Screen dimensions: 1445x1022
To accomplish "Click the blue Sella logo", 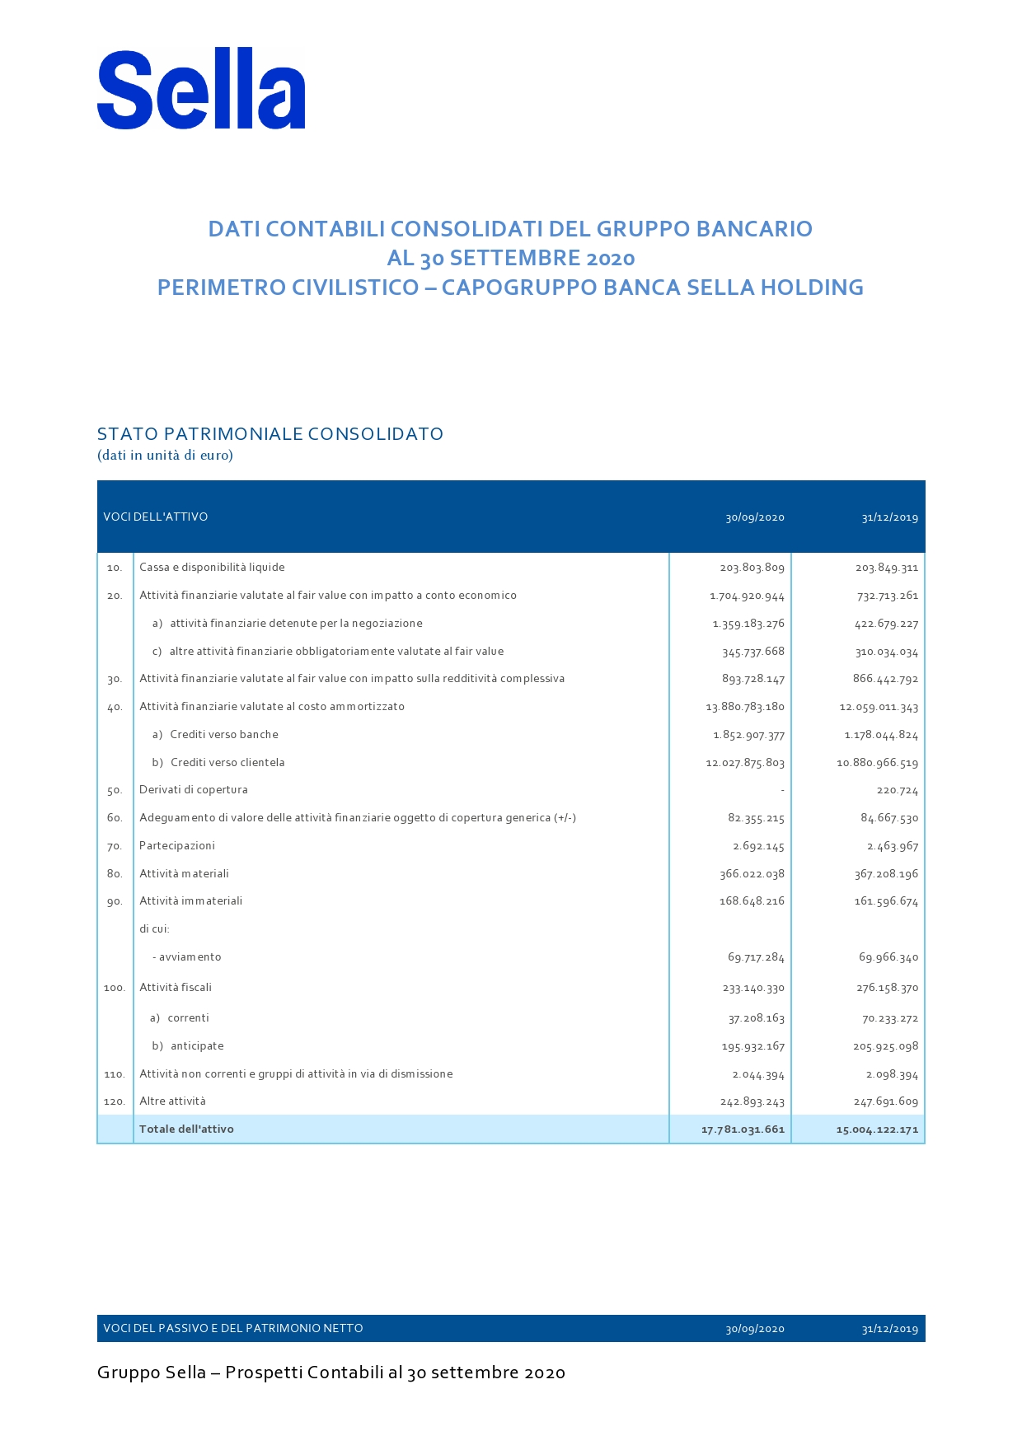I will [201, 89].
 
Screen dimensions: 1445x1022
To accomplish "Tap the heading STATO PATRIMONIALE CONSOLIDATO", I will [270, 434].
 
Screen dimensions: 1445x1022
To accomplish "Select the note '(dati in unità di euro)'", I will [165, 455].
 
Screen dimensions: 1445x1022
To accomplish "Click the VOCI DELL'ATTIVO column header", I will [156, 517].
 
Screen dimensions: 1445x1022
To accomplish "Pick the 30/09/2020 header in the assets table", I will [754, 518].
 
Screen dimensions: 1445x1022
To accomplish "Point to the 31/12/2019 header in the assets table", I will [889, 518].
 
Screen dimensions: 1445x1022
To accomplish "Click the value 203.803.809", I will [752, 568].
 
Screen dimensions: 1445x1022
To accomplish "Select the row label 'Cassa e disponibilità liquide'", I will [212, 568].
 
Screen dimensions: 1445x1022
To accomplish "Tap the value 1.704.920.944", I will [747, 596].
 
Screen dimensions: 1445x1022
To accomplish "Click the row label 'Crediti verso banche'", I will [224, 735].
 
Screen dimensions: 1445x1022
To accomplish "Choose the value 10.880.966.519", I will [877, 763].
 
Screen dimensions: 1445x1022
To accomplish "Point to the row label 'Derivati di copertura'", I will [194, 790].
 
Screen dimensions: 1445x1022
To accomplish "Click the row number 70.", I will [115, 846].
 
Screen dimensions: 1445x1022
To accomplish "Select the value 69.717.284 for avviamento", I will [756, 957].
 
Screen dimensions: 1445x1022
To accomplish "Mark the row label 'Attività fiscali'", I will [176, 988].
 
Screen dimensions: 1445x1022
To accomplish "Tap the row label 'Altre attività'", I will [172, 1101].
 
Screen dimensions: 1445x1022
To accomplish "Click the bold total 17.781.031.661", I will [743, 1129].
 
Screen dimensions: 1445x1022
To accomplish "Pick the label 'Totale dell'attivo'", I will [186, 1129].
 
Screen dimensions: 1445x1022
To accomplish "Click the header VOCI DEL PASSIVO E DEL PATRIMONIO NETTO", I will [233, 1328].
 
